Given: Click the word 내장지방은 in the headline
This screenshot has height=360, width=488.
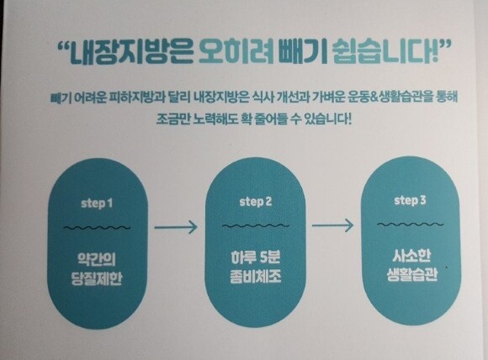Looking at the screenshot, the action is (130, 52).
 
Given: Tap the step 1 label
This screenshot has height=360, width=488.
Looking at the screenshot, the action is (97, 204).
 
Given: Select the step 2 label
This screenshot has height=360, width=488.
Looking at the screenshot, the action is (256, 202).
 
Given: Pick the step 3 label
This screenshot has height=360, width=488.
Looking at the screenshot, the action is (410, 200).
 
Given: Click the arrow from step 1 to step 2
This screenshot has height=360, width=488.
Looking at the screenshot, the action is (176, 227).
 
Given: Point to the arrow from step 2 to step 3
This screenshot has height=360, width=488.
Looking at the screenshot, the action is (332, 225).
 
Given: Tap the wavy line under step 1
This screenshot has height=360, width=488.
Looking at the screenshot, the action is (97, 227).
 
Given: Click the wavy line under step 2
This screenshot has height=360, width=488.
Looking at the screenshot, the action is (256, 225).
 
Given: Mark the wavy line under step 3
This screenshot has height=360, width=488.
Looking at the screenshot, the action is (411, 224).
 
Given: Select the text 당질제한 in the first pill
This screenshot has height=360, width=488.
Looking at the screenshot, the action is (97, 278).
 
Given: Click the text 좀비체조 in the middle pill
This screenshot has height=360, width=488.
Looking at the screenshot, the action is (256, 276).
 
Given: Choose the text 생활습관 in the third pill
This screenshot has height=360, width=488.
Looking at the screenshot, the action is (412, 274).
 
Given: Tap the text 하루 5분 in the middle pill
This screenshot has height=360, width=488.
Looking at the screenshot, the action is (256, 257).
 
